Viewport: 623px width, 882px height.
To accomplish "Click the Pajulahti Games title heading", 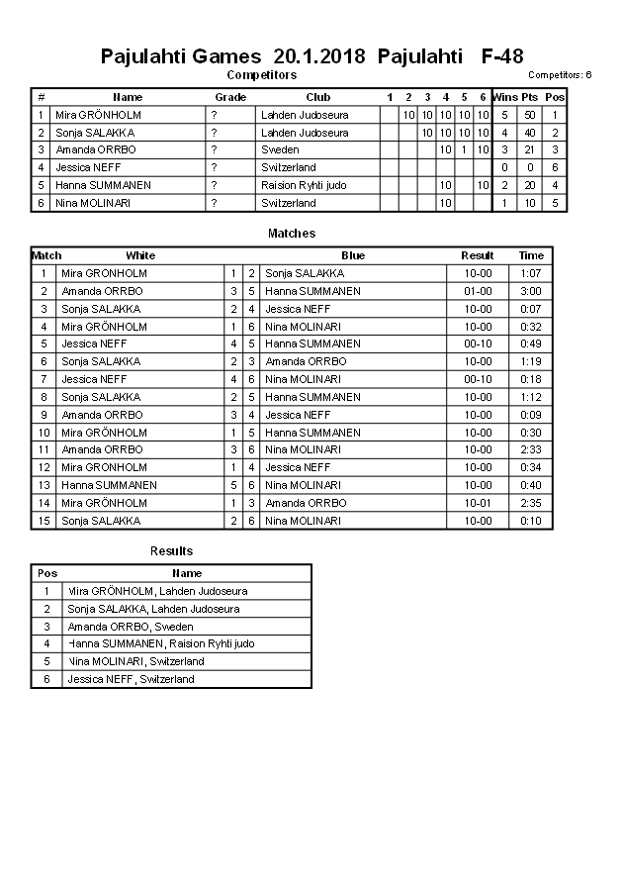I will tap(311, 56).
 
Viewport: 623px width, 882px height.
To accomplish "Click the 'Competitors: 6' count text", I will tap(560, 75).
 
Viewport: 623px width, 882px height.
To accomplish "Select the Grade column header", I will tap(230, 97).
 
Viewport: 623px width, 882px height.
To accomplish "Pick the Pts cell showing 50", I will tap(530, 115).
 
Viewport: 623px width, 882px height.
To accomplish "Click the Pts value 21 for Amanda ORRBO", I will tap(530, 149).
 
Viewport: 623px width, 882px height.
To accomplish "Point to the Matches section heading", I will tap(292, 234).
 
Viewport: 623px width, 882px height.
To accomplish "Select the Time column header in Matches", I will tap(531, 255).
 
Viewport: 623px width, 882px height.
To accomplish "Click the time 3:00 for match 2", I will tap(531, 291).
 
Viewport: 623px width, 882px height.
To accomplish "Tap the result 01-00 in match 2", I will tap(478, 291).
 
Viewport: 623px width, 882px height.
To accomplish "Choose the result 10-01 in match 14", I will tap(478, 503).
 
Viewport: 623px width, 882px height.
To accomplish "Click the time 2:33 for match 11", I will tap(531, 449).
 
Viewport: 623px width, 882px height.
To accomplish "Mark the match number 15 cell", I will tap(44, 521).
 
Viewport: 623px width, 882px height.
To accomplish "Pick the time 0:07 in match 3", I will tap(531, 309).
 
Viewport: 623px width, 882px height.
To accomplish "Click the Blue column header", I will tap(353, 255).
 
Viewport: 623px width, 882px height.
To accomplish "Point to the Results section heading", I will tap(171, 551).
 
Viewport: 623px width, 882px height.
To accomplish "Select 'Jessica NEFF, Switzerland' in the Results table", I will tap(131, 679).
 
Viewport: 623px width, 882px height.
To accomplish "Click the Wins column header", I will tap(504, 97).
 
